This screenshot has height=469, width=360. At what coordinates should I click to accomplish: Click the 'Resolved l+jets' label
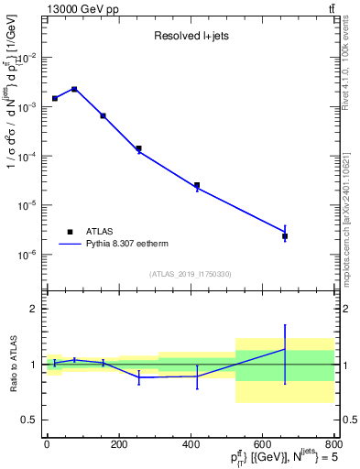click(x=191, y=37)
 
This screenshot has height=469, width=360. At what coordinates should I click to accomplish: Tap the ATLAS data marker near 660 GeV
click(x=285, y=236)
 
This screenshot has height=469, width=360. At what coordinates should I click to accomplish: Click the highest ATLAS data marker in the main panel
click(x=74, y=89)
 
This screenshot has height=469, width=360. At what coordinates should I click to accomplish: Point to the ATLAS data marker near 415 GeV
click(x=197, y=185)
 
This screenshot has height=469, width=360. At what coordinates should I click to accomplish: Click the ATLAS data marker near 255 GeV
click(x=139, y=148)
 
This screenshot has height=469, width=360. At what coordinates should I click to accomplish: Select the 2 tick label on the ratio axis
click(x=35, y=310)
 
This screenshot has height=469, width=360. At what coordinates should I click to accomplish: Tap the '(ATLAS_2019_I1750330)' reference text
click(x=191, y=274)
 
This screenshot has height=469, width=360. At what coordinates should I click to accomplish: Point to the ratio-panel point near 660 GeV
click(x=285, y=349)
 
